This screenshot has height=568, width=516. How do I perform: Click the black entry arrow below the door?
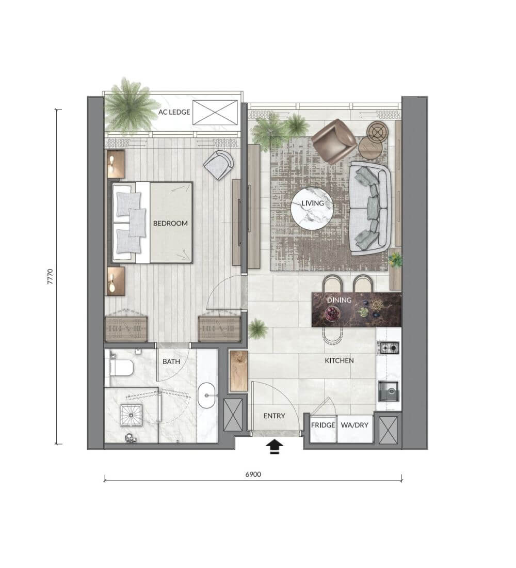(275, 447)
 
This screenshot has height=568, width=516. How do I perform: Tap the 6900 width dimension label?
(253, 474)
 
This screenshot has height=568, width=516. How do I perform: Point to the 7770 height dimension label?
(51, 276)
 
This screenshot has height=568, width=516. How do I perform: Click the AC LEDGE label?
(174, 112)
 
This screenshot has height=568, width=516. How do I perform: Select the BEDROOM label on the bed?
(171, 224)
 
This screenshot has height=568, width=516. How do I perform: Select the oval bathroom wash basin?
(206, 396)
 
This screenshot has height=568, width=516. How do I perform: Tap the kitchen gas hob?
(388, 348)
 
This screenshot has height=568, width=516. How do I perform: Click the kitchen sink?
(389, 391)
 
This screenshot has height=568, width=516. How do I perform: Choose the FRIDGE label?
(323, 425)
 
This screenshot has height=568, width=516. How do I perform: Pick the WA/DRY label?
(354, 425)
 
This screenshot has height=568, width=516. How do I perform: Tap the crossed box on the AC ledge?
(215, 113)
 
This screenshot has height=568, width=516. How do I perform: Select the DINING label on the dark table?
(340, 301)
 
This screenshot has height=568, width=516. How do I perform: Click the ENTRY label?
(275, 416)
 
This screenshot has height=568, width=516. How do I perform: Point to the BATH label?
(171, 361)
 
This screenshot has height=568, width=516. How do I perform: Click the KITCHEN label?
(340, 360)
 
